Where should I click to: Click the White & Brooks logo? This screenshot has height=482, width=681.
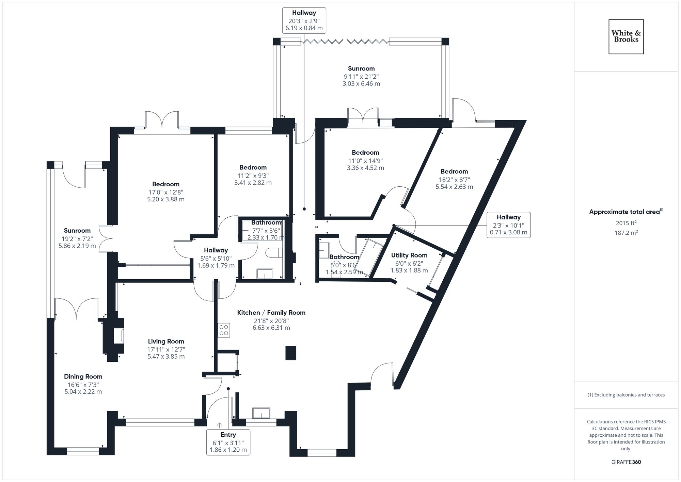point(626,37)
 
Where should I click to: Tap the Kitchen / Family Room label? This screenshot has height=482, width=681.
point(271,312)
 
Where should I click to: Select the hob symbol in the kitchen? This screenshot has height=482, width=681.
point(224,330)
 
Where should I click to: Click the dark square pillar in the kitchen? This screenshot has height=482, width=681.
point(290,353)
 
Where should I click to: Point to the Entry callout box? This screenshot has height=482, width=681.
point(228,442)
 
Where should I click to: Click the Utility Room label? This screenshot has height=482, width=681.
point(409,255)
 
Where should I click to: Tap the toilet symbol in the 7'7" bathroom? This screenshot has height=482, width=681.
point(274,253)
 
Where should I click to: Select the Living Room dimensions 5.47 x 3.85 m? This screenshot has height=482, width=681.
point(166,357)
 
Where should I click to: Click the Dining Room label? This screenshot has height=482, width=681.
point(83,376)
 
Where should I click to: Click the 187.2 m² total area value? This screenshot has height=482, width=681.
point(626,232)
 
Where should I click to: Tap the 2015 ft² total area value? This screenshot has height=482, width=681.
point(626,223)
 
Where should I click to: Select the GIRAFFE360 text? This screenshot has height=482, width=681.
point(626,462)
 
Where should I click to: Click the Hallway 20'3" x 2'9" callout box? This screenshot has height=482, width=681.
point(304,20)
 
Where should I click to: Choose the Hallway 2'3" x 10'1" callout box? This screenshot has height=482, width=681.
point(508,225)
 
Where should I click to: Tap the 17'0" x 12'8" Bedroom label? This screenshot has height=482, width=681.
point(165,184)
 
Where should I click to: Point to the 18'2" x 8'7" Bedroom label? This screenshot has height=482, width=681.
point(454,171)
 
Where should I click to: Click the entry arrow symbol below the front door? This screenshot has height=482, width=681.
point(220,425)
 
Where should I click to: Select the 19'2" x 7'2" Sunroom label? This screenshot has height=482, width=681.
point(77,231)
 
